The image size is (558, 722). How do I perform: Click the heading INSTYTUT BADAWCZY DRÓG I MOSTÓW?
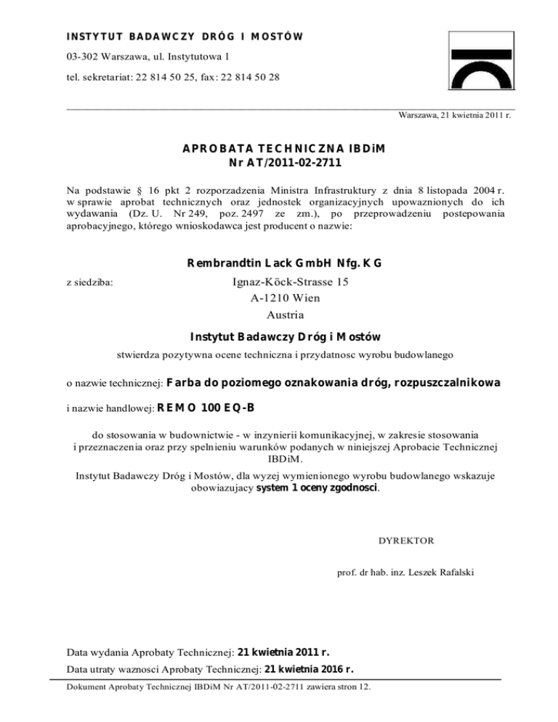pyautogui.click(x=184, y=36)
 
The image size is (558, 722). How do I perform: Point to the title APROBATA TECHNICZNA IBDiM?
pyautogui.click(x=283, y=150)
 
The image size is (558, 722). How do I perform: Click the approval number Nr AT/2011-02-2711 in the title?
pyautogui.click(x=283, y=163)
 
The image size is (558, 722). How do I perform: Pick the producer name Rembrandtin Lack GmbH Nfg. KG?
pyautogui.click(x=284, y=263)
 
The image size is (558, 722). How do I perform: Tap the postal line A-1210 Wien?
pyautogui.click(x=283, y=298)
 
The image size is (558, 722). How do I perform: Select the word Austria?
pyautogui.click(x=283, y=315)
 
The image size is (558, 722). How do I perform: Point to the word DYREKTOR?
pyautogui.click(x=407, y=541)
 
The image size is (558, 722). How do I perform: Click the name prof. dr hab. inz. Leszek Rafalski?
pyautogui.click(x=407, y=572)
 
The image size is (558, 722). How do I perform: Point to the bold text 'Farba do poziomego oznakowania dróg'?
pyautogui.click(x=279, y=383)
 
